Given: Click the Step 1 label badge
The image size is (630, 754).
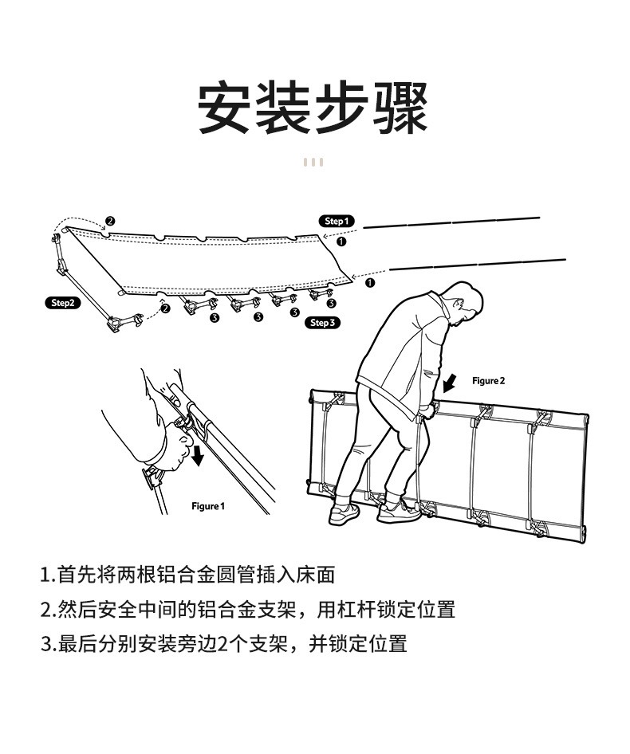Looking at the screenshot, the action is [x=337, y=222].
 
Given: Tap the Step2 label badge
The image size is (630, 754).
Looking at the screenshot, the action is [x=63, y=303].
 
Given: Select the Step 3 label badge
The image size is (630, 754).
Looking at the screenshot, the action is [x=322, y=323].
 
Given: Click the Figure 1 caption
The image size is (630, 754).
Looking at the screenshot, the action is [x=208, y=506].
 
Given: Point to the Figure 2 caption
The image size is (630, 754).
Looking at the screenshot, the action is [x=489, y=381].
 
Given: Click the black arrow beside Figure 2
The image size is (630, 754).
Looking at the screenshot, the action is [x=450, y=383].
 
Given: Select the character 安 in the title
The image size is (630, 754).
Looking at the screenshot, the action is [x=224, y=108].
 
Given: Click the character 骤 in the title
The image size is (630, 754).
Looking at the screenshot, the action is [x=401, y=108].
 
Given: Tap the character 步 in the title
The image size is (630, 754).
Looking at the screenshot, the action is [x=342, y=108].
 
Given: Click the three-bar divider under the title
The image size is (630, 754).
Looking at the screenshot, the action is [x=313, y=162].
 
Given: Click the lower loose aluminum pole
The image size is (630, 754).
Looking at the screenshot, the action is [x=478, y=265].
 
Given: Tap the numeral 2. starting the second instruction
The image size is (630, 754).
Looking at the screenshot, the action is [x=48, y=610].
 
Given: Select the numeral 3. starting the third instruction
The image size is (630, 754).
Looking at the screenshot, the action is [x=48, y=644].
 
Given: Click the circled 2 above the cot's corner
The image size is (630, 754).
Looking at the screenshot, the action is [x=110, y=222].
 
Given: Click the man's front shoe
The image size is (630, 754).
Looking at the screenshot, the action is [x=399, y=512].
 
